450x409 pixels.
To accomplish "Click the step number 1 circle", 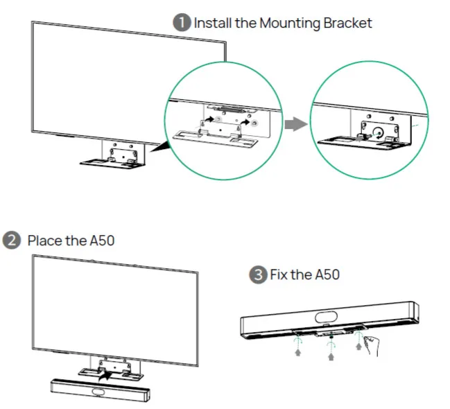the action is (x=182, y=23).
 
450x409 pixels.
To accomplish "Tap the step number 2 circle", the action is (x=12, y=241).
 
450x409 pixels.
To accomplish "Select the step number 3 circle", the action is (x=258, y=275).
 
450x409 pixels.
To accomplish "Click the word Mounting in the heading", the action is (x=290, y=24).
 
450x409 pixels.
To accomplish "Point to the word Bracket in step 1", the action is (x=347, y=23).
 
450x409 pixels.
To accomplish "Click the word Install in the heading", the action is (x=213, y=23).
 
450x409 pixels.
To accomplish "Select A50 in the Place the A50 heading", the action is (x=103, y=241).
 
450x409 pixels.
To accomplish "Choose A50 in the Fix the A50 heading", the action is (x=327, y=275).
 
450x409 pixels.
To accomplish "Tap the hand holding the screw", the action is (x=372, y=346).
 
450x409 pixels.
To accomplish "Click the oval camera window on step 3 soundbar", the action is (x=327, y=317).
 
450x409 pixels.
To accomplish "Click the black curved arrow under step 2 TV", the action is (x=106, y=376).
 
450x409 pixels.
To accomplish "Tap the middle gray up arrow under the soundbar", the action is (x=331, y=357).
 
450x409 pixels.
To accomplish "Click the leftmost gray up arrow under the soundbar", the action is (x=298, y=352).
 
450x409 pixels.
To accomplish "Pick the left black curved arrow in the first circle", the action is (x=209, y=119).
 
